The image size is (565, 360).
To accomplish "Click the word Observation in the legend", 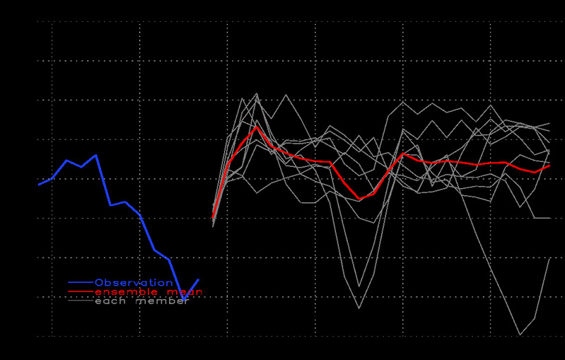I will click(x=134, y=283).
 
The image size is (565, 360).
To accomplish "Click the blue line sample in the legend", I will click(x=80, y=283).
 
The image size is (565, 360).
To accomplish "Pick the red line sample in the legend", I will click(x=80, y=292).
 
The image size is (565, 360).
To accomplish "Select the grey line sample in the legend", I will click(x=80, y=301).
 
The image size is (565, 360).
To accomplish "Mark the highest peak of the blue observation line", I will click(x=95, y=155).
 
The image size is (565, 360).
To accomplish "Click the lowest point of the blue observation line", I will click(x=184, y=299).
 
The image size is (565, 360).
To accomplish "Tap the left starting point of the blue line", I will click(x=39, y=185).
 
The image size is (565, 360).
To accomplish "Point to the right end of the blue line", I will click(x=198, y=279).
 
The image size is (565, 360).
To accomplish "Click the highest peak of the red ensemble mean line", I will click(x=257, y=127).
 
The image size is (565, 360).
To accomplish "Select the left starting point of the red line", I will click(x=213, y=216).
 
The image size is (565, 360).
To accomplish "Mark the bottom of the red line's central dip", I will click(x=359, y=199).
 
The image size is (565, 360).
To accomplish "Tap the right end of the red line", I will click(x=549, y=165).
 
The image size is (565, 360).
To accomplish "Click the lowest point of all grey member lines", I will click(x=520, y=335).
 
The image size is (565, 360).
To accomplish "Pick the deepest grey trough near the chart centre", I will click(x=359, y=308).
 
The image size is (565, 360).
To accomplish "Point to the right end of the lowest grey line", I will click(x=549, y=259).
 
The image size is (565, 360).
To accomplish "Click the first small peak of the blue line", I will click(x=66, y=161).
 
